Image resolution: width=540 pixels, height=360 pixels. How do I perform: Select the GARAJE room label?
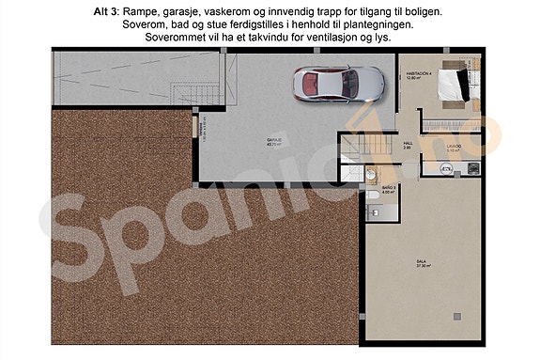coord(275,141)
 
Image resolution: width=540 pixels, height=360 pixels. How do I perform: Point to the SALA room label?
coord(422,264)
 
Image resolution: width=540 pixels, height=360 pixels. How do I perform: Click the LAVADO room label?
coord(453,147)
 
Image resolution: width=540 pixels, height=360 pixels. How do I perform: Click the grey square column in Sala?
coord(456,315)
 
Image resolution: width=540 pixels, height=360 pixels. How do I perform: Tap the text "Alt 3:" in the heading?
coord(108,10)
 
